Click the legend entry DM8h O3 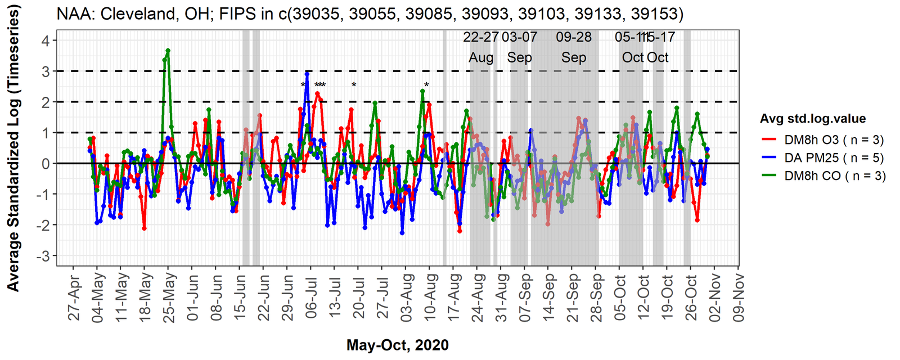[x=822, y=140]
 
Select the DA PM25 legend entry [x=822, y=158]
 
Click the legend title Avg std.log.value [x=812, y=119]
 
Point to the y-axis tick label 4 [x=45, y=40]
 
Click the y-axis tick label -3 [x=43, y=256]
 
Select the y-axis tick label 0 [x=45, y=164]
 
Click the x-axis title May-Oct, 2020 [x=397, y=345]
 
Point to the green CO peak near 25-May [x=168, y=51]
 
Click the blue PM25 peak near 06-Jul [x=307, y=74]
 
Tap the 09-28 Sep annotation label [x=574, y=47]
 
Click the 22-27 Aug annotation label [x=481, y=47]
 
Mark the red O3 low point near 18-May [x=144, y=228]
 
